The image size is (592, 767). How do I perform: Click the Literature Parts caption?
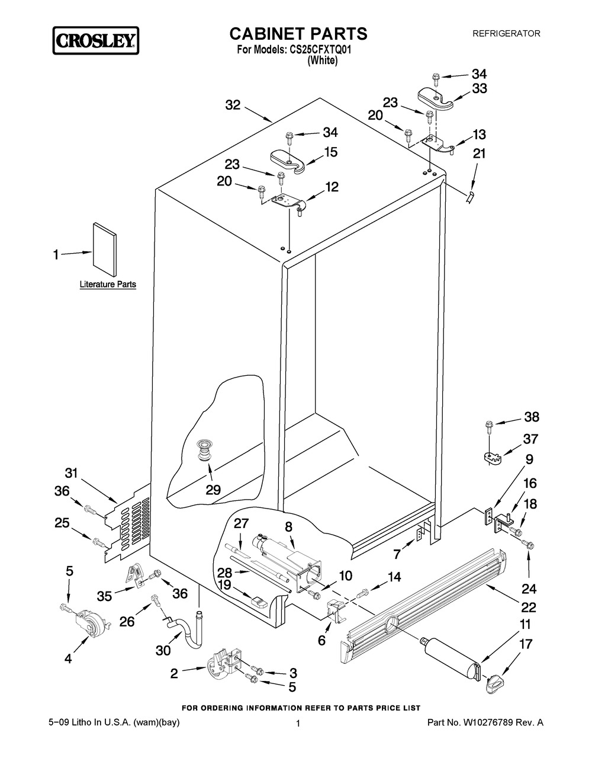point(108,285)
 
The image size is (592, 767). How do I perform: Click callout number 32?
point(233,105)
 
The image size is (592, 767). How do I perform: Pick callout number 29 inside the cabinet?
point(213,490)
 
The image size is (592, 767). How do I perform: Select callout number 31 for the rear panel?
point(71,473)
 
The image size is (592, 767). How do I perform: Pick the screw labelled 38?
point(489,425)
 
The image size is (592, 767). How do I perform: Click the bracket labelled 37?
point(489,457)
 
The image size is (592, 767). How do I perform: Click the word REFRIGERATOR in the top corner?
point(506,34)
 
